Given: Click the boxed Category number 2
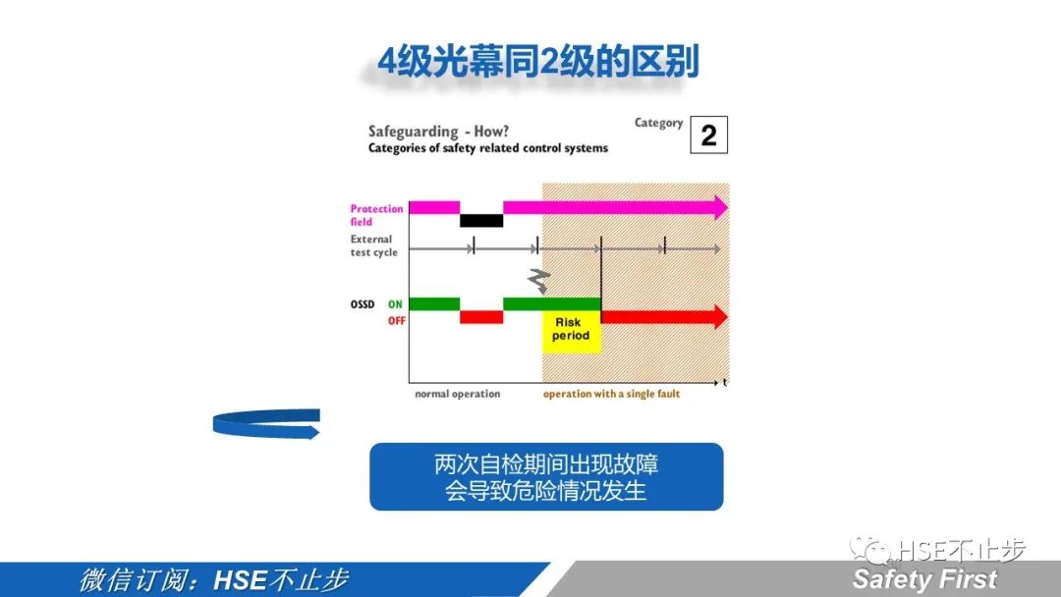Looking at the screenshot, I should click(708, 136).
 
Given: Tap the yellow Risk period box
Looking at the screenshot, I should click(571, 330).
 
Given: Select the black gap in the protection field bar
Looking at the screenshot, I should click(481, 220).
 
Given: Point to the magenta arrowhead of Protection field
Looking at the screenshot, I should click(720, 207).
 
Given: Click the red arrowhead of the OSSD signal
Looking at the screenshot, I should click(719, 317).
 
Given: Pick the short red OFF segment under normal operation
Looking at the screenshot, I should click(481, 317).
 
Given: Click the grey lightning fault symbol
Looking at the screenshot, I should click(538, 281).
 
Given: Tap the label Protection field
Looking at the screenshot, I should click(376, 215).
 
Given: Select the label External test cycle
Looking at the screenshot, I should click(373, 245).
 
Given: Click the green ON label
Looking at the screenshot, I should click(395, 304).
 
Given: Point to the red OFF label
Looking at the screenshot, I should click(396, 321).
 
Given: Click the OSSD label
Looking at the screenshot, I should click(363, 304).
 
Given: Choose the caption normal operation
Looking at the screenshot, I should click(457, 394).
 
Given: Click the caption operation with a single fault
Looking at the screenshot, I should click(611, 394).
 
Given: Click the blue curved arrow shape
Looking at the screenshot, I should click(266, 423).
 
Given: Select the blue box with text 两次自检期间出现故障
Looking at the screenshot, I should click(546, 476).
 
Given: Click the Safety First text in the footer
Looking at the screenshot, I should click(924, 579).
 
